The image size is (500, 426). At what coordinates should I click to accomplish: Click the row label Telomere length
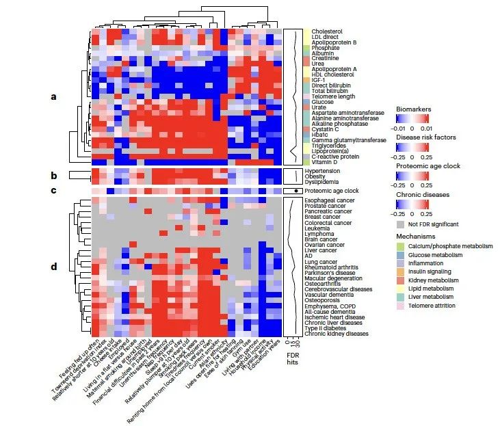click(x=333, y=96)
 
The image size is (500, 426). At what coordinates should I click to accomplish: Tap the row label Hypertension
click(x=330, y=171)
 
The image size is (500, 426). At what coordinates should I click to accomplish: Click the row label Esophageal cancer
click(x=335, y=200)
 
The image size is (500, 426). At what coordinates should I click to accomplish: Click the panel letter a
click(x=54, y=96)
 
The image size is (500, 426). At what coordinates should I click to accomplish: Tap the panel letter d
click(x=54, y=267)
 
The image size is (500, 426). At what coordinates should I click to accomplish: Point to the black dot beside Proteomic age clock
click(x=294, y=191)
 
